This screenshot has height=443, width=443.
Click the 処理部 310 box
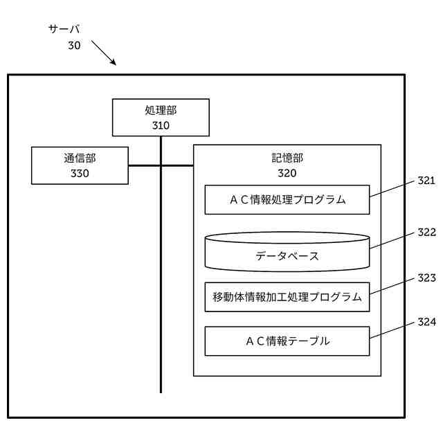pos(161,117)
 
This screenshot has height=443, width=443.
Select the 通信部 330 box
pos(80,165)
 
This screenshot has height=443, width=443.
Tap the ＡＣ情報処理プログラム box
pos(287,200)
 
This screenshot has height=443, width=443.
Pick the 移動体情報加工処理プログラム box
pos(287,297)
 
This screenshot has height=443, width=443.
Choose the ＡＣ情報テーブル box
pos(287,341)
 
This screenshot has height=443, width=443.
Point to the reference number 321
pos(426,181)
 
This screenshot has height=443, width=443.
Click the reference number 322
pos(426,232)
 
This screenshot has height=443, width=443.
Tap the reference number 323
pos(426,277)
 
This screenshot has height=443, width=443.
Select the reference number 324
pos(426,322)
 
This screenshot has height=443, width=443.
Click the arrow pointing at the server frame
pos(104,53)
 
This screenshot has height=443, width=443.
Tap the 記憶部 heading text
pos(287,158)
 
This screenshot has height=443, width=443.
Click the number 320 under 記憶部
pos(287,173)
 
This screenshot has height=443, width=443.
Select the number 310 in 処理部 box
pos(161,125)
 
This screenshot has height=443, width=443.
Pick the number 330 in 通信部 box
pos(80,173)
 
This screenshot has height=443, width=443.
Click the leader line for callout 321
pos(392,189)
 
